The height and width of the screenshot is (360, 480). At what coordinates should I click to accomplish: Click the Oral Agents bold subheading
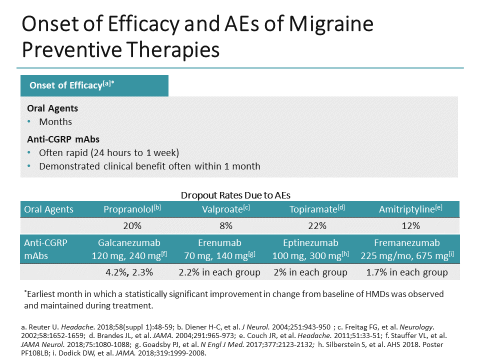52,108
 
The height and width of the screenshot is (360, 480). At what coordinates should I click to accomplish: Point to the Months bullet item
55,121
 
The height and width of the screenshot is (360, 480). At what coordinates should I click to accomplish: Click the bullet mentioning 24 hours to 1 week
109,152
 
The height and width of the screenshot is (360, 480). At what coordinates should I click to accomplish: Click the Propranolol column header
132,209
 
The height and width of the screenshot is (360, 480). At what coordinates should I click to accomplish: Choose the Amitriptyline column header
410,209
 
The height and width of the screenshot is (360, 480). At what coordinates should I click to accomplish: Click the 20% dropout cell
132,225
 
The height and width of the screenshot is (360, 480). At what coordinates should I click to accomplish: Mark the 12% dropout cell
410,225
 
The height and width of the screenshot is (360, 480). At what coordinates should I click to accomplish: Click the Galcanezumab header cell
129,249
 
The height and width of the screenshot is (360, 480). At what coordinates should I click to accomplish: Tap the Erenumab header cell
219,249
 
